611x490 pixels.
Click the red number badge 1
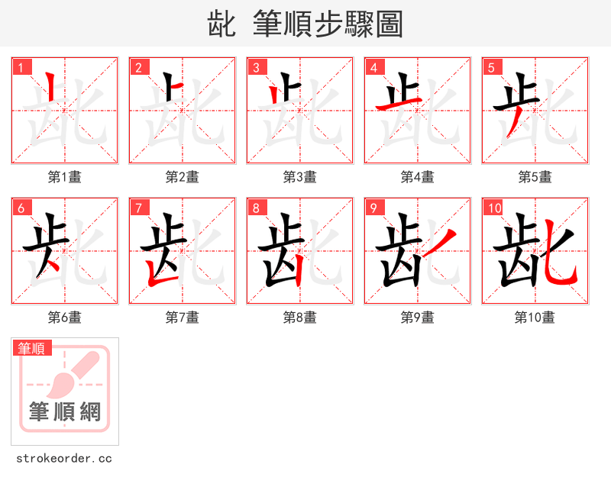pos(21,67)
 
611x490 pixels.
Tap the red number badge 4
pos(373,67)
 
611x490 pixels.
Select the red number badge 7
pos(138,208)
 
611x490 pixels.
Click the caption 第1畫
pos(65,176)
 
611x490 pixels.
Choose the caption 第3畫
pos(300,176)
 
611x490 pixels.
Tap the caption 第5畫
pos(535,176)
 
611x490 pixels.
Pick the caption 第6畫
pos(65,317)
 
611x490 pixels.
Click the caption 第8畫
pos(300,317)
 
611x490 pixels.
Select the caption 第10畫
pos(535,317)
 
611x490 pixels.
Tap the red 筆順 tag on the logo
pos(33,348)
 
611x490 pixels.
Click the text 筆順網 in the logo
pos(65,412)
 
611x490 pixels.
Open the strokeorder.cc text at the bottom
pos(64,459)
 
